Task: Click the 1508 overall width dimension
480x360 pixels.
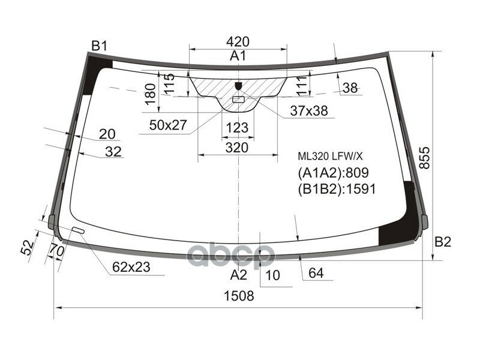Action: tap(239, 296)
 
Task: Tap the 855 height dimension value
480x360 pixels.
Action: tap(424, 157)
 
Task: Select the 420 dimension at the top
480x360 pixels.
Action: tap(238, 41)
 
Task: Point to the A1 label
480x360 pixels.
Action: tap(238, 56)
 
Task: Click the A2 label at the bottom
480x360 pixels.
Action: tap(238, 275)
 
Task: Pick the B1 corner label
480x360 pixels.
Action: tap(99, 46)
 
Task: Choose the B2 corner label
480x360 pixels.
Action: tap(442, 242)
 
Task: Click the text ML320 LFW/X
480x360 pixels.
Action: tap(331, 156)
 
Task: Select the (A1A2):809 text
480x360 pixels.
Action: tap(332, 173)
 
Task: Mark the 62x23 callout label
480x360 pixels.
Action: tap(130, 268)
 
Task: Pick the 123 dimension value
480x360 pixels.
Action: tap(238, 128)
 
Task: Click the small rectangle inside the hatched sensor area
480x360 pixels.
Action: tap(238, 99)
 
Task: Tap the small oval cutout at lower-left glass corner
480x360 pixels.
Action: tap(78, 230)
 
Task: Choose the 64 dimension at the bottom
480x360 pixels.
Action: tap(316, 275)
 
